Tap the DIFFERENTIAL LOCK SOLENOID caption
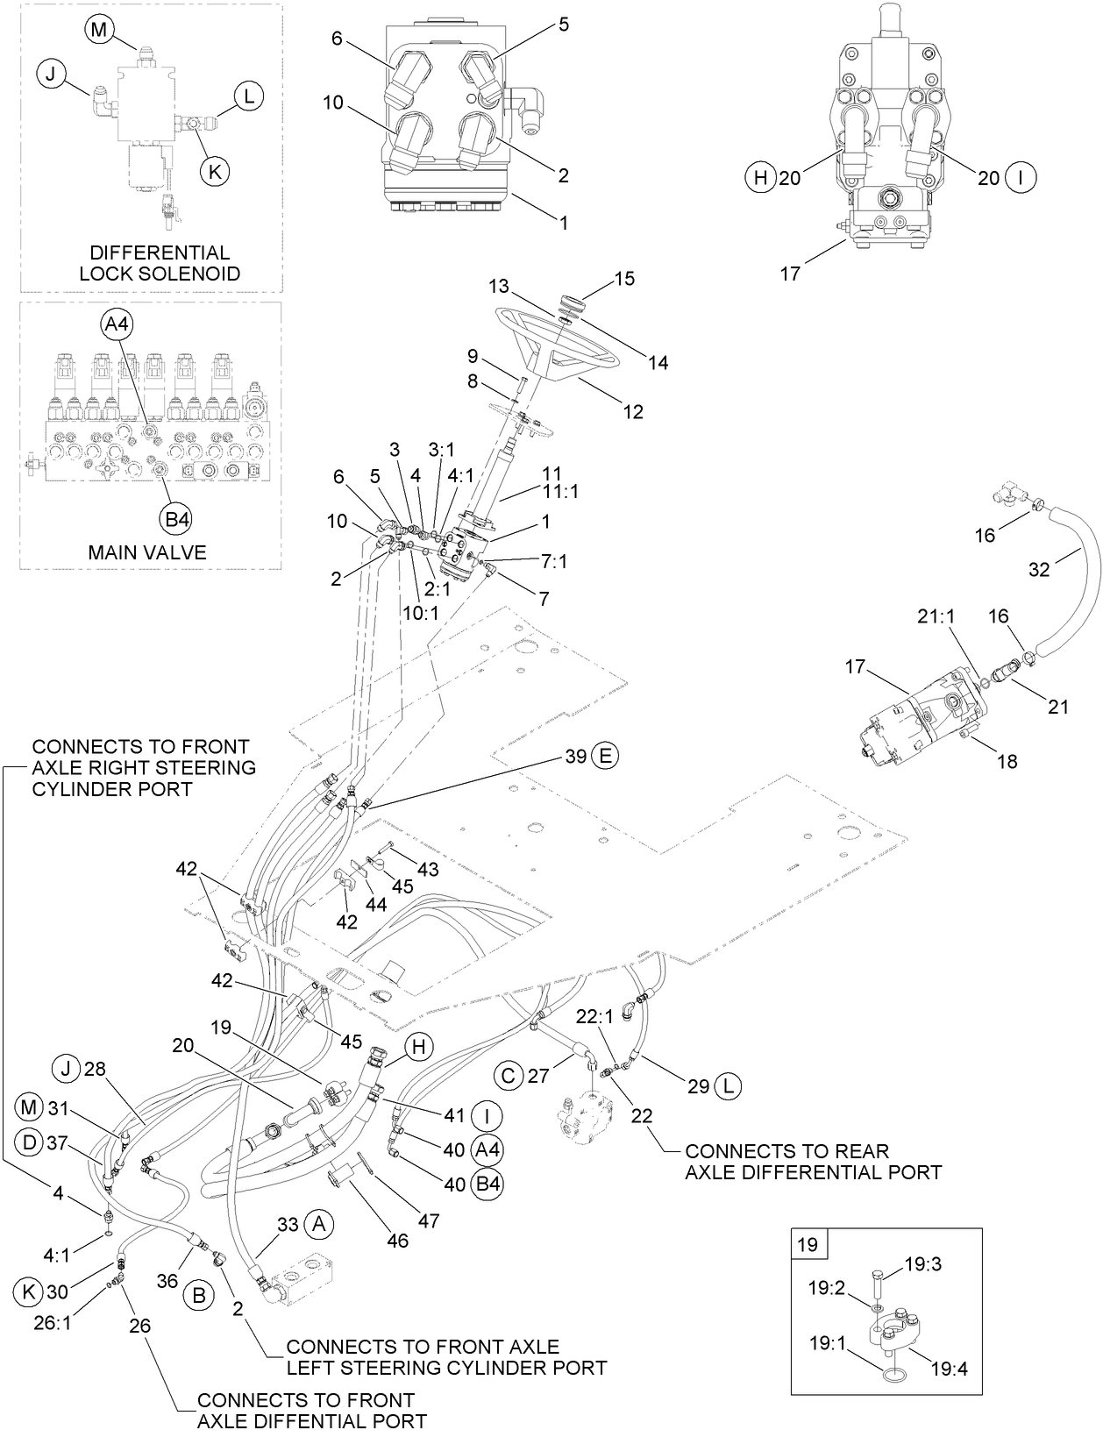(x=160, y=263)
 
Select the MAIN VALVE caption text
(x=147, y=552)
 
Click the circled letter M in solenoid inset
(x=99, y=29)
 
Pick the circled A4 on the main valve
(x=116, y=324)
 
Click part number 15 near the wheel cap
(x=625, y=279)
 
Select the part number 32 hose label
(x=1038, y=570)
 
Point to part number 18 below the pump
(x=1007, y=762)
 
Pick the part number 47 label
(x=428, y=1220)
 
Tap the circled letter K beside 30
(x=29, y=1291)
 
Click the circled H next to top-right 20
(x=759, y=178)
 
